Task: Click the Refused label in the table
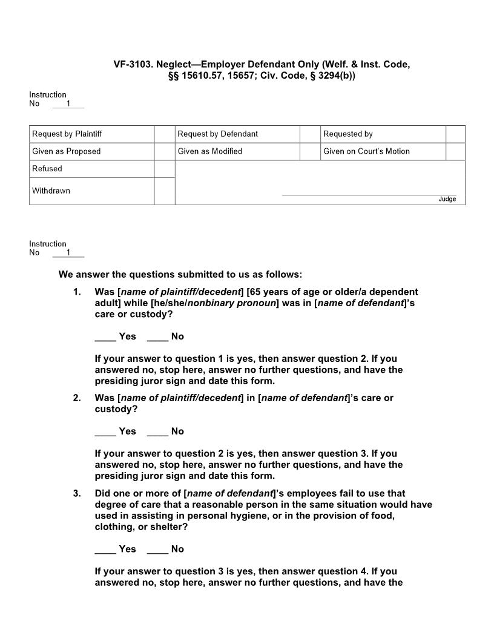click(47, 169)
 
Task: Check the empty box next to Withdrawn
click(164, 191)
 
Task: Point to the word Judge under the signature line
click(447, 199)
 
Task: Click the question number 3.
click(77, 494)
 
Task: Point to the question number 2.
click(77, 398)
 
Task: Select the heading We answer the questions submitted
click(180, 275)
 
